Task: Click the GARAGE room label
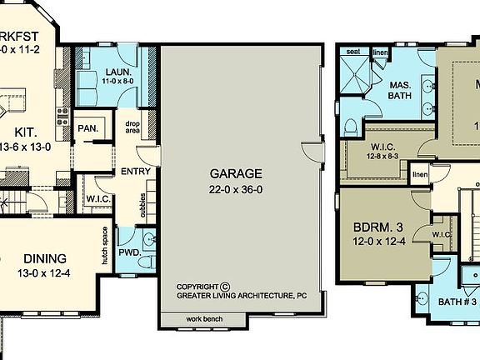pyautogui.click(x=237, y=174)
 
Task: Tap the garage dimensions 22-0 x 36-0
pyautogui.click(x=237, y=189)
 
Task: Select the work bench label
pyautogui.click(x=203, y=319)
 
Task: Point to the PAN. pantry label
pyautogui.click(x=87, y=128)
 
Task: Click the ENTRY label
pyautogui.click(x=136, y=172)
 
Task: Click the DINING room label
pyautogui.click(x=44, y=258)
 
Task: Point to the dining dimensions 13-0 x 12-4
pyautogui.click(x=44, y=273)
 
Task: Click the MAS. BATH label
pyautogui.click(x=400, y=89)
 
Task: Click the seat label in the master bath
pyautogui.click(x=352, y=52)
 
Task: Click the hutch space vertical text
pyautogui.click(x=105, y=246)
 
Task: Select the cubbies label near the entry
pyautogui.click(x=143, y=205)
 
